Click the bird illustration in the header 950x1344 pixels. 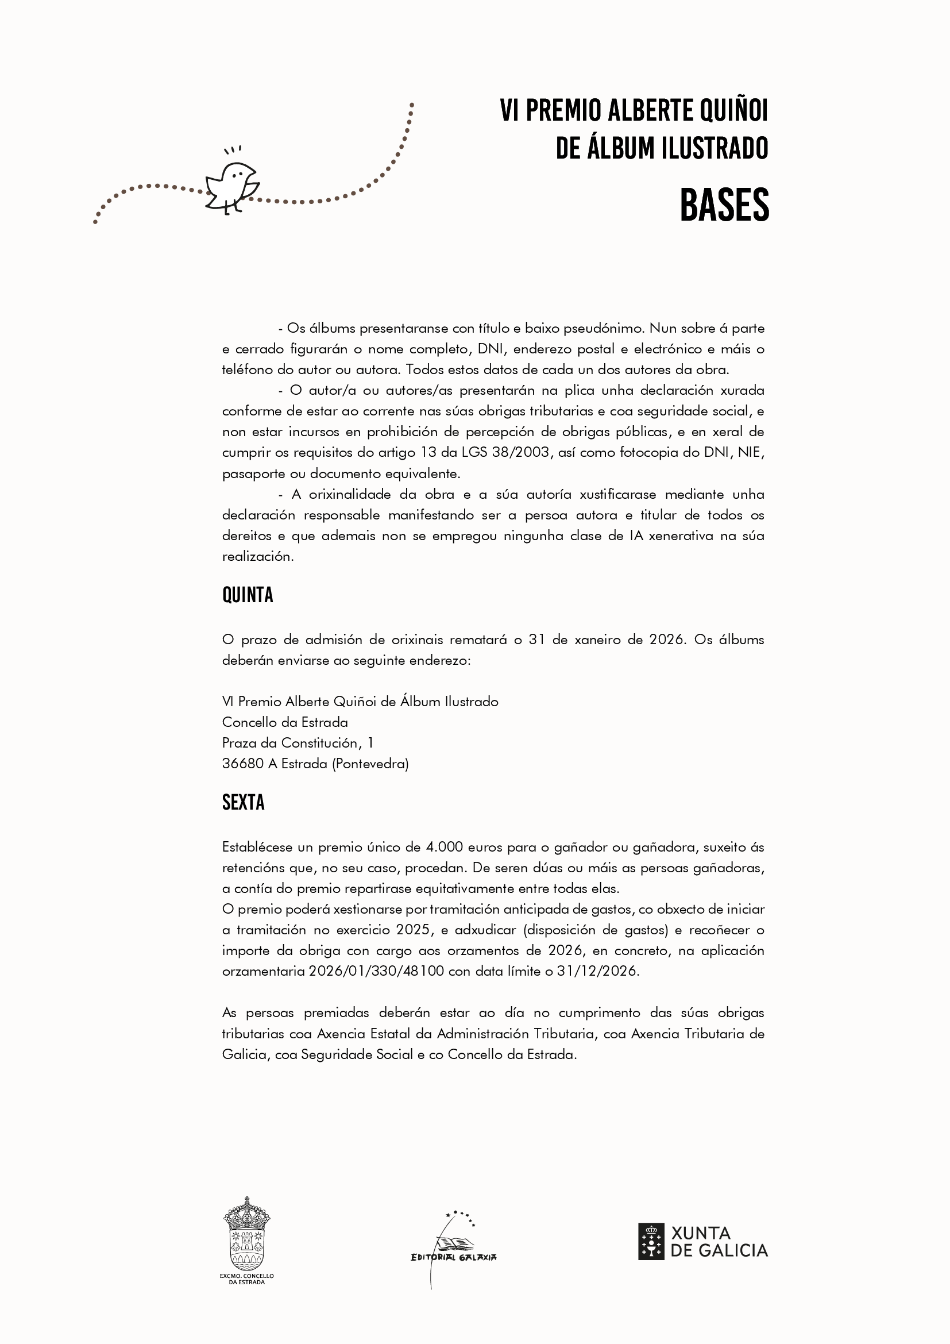(232, 187)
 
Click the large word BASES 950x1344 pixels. (724, 206)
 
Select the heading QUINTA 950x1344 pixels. (248, 595)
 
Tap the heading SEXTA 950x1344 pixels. (243, 803)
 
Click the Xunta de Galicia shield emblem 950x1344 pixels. (651, 1242)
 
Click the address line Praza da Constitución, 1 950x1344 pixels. (298, 743)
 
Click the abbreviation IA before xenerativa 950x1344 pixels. (636, 536)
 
